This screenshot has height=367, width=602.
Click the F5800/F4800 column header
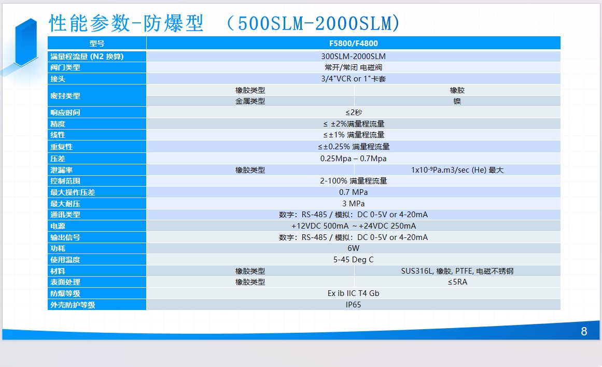(353, 44)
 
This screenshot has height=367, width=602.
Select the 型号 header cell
(97, 44)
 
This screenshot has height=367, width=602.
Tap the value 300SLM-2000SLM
(353, 57)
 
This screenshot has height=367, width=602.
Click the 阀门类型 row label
(65, 67)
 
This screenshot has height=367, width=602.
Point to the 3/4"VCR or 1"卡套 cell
(353, 79)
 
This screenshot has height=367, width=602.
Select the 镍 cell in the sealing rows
(457, 101)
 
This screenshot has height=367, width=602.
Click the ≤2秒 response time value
(353, 112)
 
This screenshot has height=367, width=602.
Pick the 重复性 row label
(61, 147)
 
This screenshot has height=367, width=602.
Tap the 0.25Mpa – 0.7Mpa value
(353, 159)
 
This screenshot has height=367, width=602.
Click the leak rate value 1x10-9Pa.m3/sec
(457, 170)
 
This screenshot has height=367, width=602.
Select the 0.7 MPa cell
(353, 192)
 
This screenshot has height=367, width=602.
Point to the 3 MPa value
(353, 204)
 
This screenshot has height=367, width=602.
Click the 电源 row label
(58, 226)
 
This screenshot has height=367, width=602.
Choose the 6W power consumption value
(353, 248)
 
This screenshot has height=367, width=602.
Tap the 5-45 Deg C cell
(353, 260)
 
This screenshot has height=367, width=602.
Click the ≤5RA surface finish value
(457, 282)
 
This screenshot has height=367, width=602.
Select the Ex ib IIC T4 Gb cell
(353, 293)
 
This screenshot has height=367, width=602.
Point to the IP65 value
(353, 304)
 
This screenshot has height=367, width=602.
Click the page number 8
(584, 331)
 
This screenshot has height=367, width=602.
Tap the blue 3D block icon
(26, 42)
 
